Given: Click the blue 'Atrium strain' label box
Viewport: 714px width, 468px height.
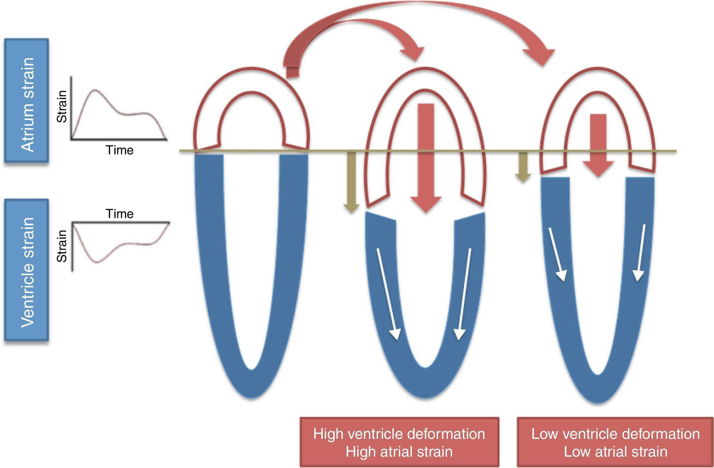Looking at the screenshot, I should coord(26,100).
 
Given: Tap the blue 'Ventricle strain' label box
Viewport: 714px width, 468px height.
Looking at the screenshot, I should coord(26,270).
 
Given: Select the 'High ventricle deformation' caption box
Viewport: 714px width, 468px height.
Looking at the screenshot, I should coord(399,442).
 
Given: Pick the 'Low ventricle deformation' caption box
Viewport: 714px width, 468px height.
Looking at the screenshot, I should coord(615,442).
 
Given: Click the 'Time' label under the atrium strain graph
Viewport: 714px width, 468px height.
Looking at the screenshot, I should coord(119,150).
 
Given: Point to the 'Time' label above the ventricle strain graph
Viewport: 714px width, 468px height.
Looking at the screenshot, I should coord(119,213).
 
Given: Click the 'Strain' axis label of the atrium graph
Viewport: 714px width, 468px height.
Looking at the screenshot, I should coord(62,107).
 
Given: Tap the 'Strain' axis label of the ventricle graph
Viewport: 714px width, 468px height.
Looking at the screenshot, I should coord(62,246).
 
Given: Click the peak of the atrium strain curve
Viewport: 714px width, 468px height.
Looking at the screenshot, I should coord(95,90).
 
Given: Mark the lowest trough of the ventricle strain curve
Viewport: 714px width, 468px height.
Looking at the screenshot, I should coord(97,262).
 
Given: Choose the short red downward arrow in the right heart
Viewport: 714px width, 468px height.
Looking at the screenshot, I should coord(598,144).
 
